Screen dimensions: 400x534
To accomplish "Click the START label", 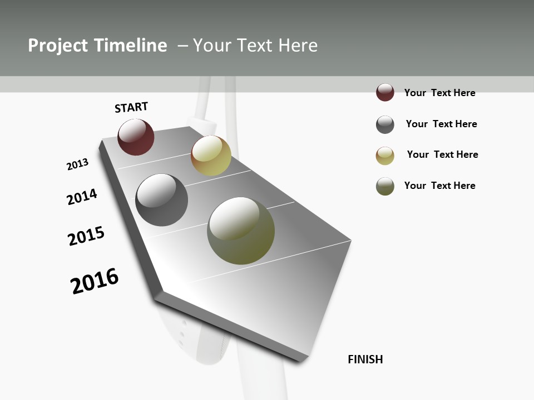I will tap(131, 107).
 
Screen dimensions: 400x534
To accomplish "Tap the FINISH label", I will tap(365, 359).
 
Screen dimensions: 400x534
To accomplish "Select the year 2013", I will tap(78, 164).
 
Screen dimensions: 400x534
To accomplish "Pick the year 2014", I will tap(82, 197).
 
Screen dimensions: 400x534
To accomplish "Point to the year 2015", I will tap(86, 236).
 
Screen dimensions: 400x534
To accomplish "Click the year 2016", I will tap(95, 281).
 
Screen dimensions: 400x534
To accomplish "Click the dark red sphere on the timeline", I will tap(136, 137).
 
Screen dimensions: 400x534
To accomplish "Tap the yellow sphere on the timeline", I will tap(211, 156).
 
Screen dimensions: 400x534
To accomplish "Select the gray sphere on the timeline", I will tap(162, 200).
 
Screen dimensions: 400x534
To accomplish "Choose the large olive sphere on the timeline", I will tap(241, 231).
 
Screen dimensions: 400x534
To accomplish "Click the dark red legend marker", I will tap(385, 93).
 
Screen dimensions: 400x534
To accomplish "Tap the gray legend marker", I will tap(385, 124).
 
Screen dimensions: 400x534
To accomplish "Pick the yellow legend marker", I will tap(385, 156).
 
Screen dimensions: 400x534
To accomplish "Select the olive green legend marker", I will tap(385, 186).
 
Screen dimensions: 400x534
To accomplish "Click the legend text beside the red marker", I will tap(439, 93).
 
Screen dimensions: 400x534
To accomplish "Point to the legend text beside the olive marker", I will tap(439, 186).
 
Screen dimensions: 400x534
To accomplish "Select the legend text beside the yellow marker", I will tap(442, 154).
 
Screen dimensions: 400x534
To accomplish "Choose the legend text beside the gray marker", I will tap(441, 124).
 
